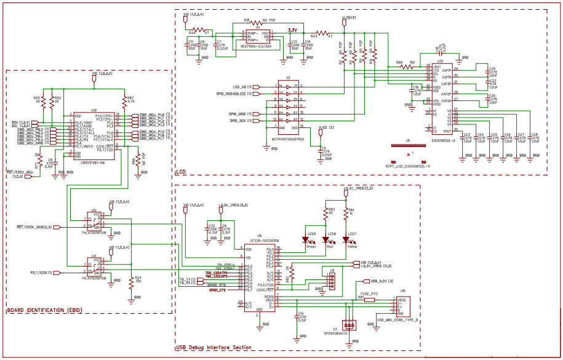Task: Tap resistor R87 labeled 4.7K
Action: click(x=127, y=99)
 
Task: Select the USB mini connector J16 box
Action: click(x=404, y=307)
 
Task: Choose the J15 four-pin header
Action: click(x=332, y=282)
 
